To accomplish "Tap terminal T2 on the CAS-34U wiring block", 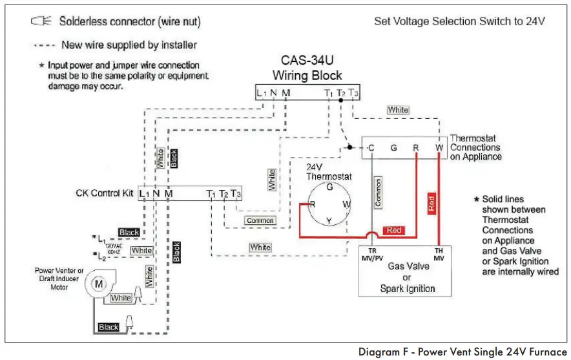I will [340, 93].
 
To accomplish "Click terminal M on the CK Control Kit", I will [169, 193].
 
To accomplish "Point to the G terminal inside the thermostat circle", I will [329, 187].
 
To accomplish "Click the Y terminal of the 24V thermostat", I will [328, 220].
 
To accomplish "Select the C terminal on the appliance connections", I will [371, 148].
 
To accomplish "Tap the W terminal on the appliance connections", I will [439, 148].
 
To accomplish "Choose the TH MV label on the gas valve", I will [439, 254].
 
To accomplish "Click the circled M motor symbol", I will [99, 283].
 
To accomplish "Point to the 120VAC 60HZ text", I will [114, 248].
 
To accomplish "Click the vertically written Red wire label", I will [431, 204].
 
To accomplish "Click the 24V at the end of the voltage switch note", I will [534, 21].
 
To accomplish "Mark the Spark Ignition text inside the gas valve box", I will [407, 288].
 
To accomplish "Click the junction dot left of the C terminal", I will [349, 147].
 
